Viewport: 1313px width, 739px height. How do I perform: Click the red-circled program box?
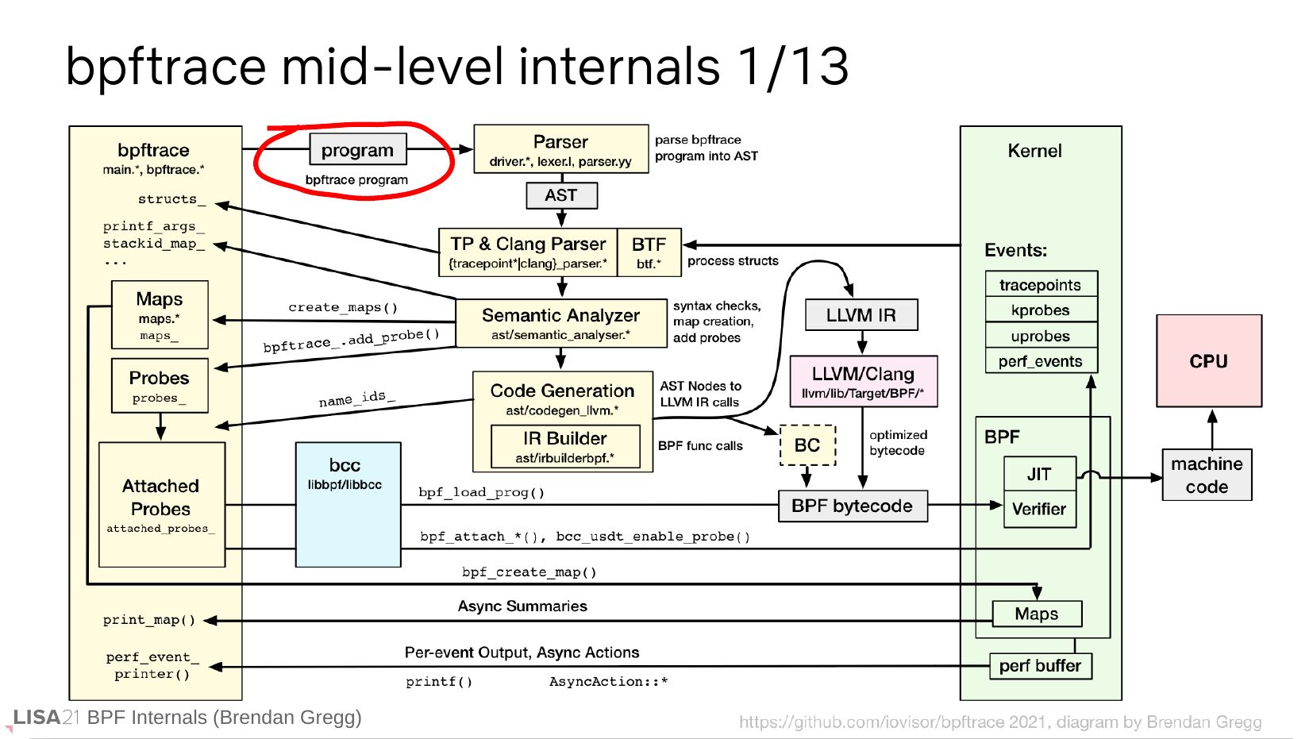pyautogui.click(x=357, y=149)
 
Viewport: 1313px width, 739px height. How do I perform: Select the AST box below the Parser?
pyautogui.click(x=561, y=195)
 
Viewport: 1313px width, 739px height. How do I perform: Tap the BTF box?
pyautogui.click(x=649, y=252)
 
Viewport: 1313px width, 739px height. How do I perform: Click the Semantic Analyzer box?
pyautogui.click(x=560, y=323)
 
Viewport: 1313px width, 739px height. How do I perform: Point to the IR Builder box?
pyautogui.click(x=565, y=446)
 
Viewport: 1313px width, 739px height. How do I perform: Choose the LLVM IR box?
pyautogui.click(x=861, y=315)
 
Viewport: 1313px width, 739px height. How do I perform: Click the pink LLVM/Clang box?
pyautogui.click(x=863, y=381)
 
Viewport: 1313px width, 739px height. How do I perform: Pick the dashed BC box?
pyautogui.click(x=807, y=445)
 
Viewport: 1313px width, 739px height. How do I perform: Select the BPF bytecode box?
pyautogui.click(x=853, y=506)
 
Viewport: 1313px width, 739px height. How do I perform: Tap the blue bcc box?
pyautogui.click(x=348, y=504)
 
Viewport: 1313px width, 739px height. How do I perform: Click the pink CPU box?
pyautogui.click(x=1208, y=361)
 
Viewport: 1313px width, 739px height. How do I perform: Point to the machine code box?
pyautogui.click(x=1207, y=475)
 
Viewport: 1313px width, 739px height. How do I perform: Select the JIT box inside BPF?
pyautogui.click(x=1039, y=474)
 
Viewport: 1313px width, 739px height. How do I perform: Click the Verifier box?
pyautogui.click(x=1039, y=510)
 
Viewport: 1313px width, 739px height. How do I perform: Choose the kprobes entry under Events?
pyautogui.click(x=1041, y=310)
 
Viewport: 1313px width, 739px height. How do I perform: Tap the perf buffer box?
pyautogui.click(x=1040, y=666)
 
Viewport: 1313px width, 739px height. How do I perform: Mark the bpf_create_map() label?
pyautogui.click(x=529, y=572)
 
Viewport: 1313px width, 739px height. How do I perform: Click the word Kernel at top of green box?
pyautogui.click(x=1034, y=151)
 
